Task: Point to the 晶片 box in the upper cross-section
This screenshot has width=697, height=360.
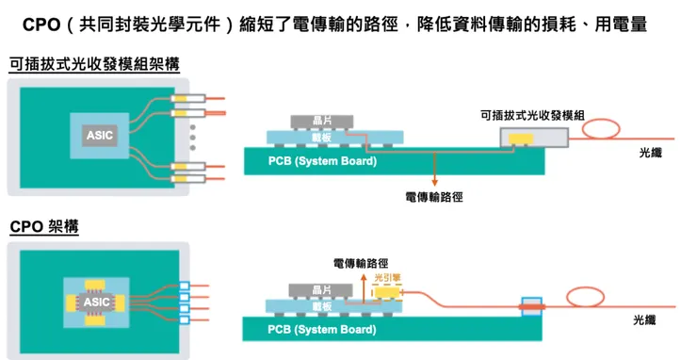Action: [321, 120]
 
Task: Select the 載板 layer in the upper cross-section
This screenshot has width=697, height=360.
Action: [321, 136]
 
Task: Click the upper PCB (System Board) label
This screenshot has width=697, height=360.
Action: [322, 161]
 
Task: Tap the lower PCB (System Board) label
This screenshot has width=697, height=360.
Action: [322, 330]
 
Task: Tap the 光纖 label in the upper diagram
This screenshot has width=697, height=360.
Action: [650, 152]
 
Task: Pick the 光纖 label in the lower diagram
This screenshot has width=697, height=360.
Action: [650, 321]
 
